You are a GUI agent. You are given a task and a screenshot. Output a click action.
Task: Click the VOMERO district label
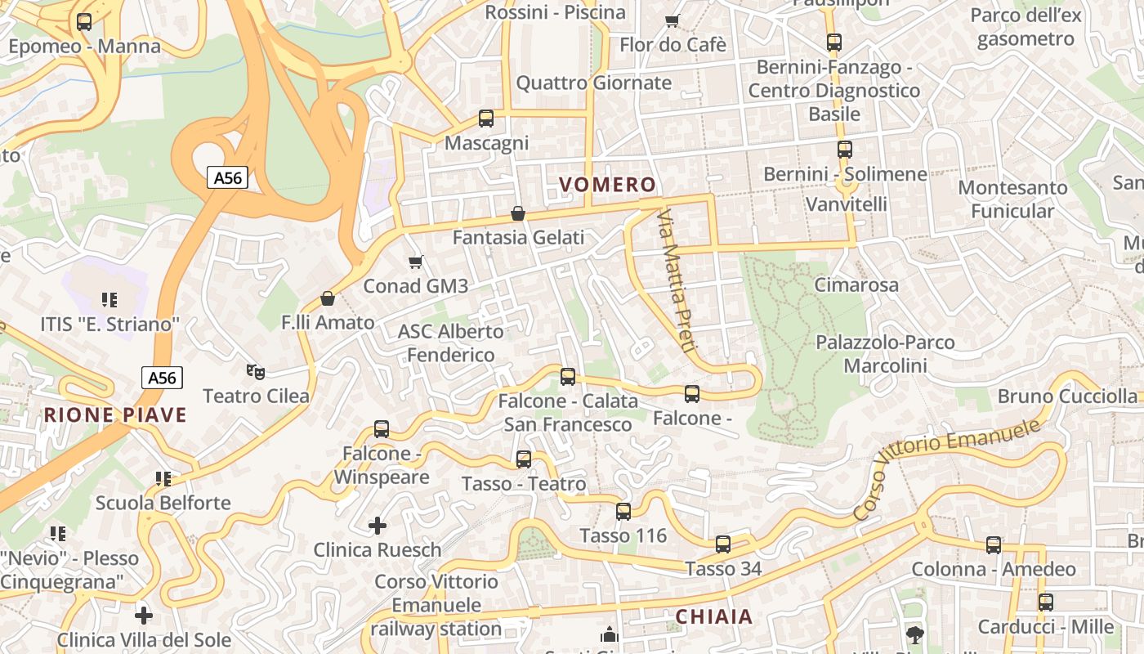tap(607, 185)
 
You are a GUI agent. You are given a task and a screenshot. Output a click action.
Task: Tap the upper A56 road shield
tap(226, 177)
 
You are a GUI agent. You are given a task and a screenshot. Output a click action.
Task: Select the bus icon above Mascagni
tap(486, 119)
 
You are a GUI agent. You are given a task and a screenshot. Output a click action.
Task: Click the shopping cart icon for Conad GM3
tap(416, 262)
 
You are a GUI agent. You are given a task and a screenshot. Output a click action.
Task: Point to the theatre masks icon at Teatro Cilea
tap(256, 372)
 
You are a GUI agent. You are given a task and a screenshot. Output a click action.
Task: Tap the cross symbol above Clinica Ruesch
tap(378, 525)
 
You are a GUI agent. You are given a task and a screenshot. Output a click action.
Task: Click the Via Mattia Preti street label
tap(677, 280)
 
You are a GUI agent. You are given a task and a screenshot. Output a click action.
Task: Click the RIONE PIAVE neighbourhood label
tap(115, 414)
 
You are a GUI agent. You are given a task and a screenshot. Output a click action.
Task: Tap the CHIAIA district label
tap(714, 616)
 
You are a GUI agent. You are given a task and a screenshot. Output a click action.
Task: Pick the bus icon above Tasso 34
tap(723, 544)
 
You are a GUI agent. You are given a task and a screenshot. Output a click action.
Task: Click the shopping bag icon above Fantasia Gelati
tap(518, 214)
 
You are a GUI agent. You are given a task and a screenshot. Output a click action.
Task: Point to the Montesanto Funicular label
tap(1012, 199)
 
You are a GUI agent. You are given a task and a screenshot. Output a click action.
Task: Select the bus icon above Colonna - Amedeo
tap(993, 545)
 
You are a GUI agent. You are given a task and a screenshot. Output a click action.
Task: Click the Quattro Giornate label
tap(593, 83)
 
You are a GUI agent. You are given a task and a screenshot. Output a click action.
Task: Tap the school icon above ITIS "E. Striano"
tap(109, 300)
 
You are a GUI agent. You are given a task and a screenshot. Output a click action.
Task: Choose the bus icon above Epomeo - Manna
tap(84, 22)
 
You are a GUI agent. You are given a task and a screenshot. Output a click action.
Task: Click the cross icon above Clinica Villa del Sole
tap(144, 615)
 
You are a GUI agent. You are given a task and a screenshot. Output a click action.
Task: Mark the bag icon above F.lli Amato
tap(328, 298)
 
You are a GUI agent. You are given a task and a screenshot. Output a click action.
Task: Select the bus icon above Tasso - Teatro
tap(524, 459)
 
